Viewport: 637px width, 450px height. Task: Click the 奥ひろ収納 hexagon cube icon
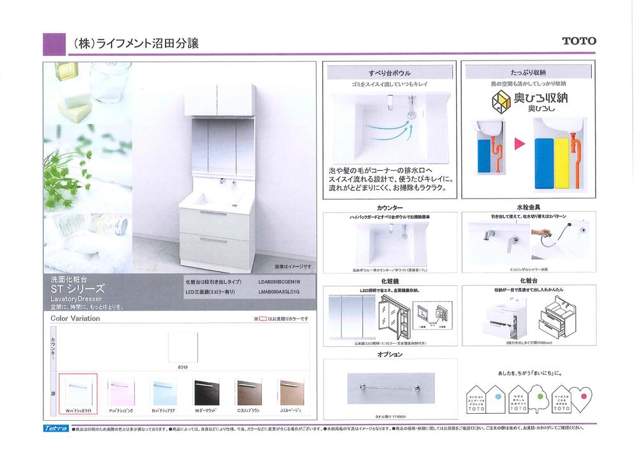click(x=502, y=102)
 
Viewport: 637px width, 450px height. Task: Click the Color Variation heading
click(x=75, y=318)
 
